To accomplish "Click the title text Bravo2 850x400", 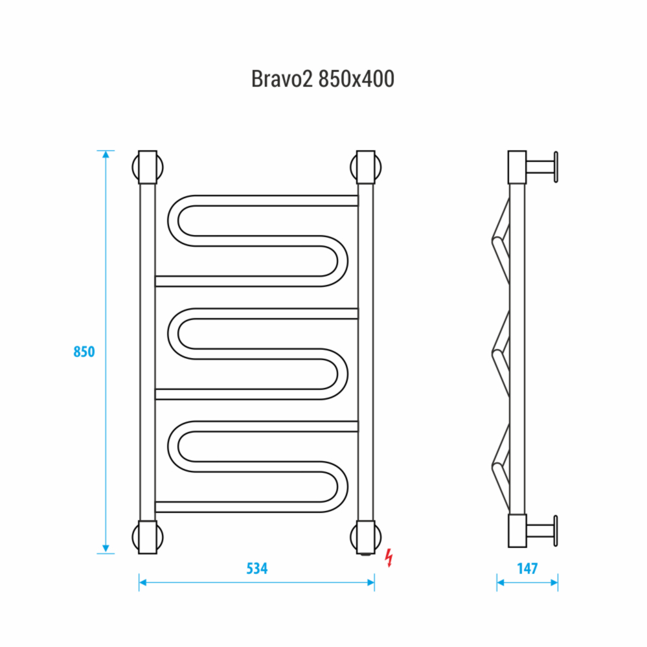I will (323, 79).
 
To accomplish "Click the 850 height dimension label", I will (84, 352).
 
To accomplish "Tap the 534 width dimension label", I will (257, 569).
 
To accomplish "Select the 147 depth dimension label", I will (527, 569).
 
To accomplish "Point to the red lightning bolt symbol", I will (389, 557).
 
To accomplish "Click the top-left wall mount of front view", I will (148, 167).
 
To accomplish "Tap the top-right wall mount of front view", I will (366, 167).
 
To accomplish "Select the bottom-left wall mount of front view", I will (148, 537).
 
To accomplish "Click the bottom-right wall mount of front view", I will (366, 537).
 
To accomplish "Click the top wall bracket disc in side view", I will (555, 168).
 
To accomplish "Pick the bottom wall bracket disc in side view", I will (555, 531).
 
